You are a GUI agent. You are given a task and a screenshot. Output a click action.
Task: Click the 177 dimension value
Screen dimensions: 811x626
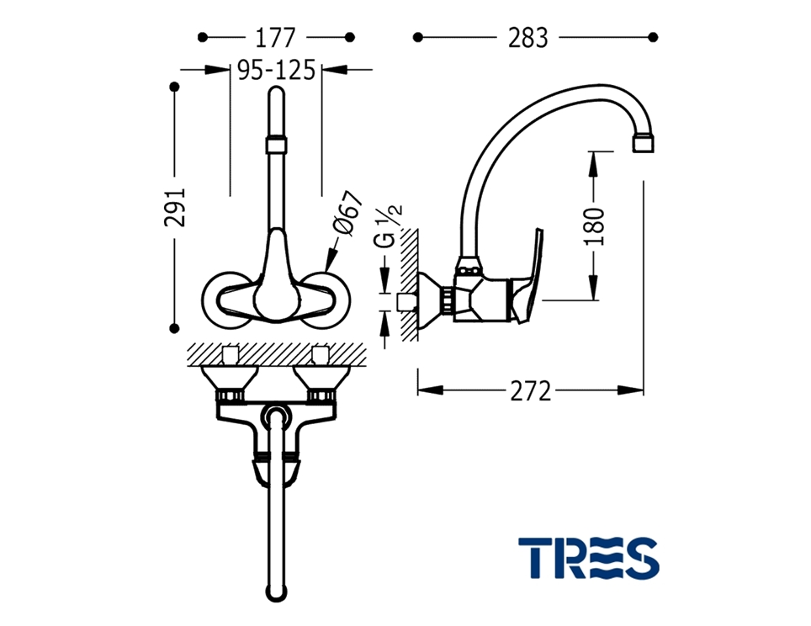click(276, 38)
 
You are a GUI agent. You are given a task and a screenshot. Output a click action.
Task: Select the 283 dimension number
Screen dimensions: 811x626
click(527, 38)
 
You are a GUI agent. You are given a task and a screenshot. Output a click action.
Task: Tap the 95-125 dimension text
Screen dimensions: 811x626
click(276, 70)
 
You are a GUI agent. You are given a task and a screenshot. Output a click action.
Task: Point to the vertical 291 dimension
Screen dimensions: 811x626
click(175, 207)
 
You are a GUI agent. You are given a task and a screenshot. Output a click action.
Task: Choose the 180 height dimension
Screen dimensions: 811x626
click(594, 226)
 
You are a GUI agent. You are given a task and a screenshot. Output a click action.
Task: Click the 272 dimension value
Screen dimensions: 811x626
click(531, 390)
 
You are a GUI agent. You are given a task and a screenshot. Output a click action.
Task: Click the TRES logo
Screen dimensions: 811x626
click(589, 558)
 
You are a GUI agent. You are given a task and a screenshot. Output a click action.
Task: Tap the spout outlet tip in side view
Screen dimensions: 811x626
click(644, 143)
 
